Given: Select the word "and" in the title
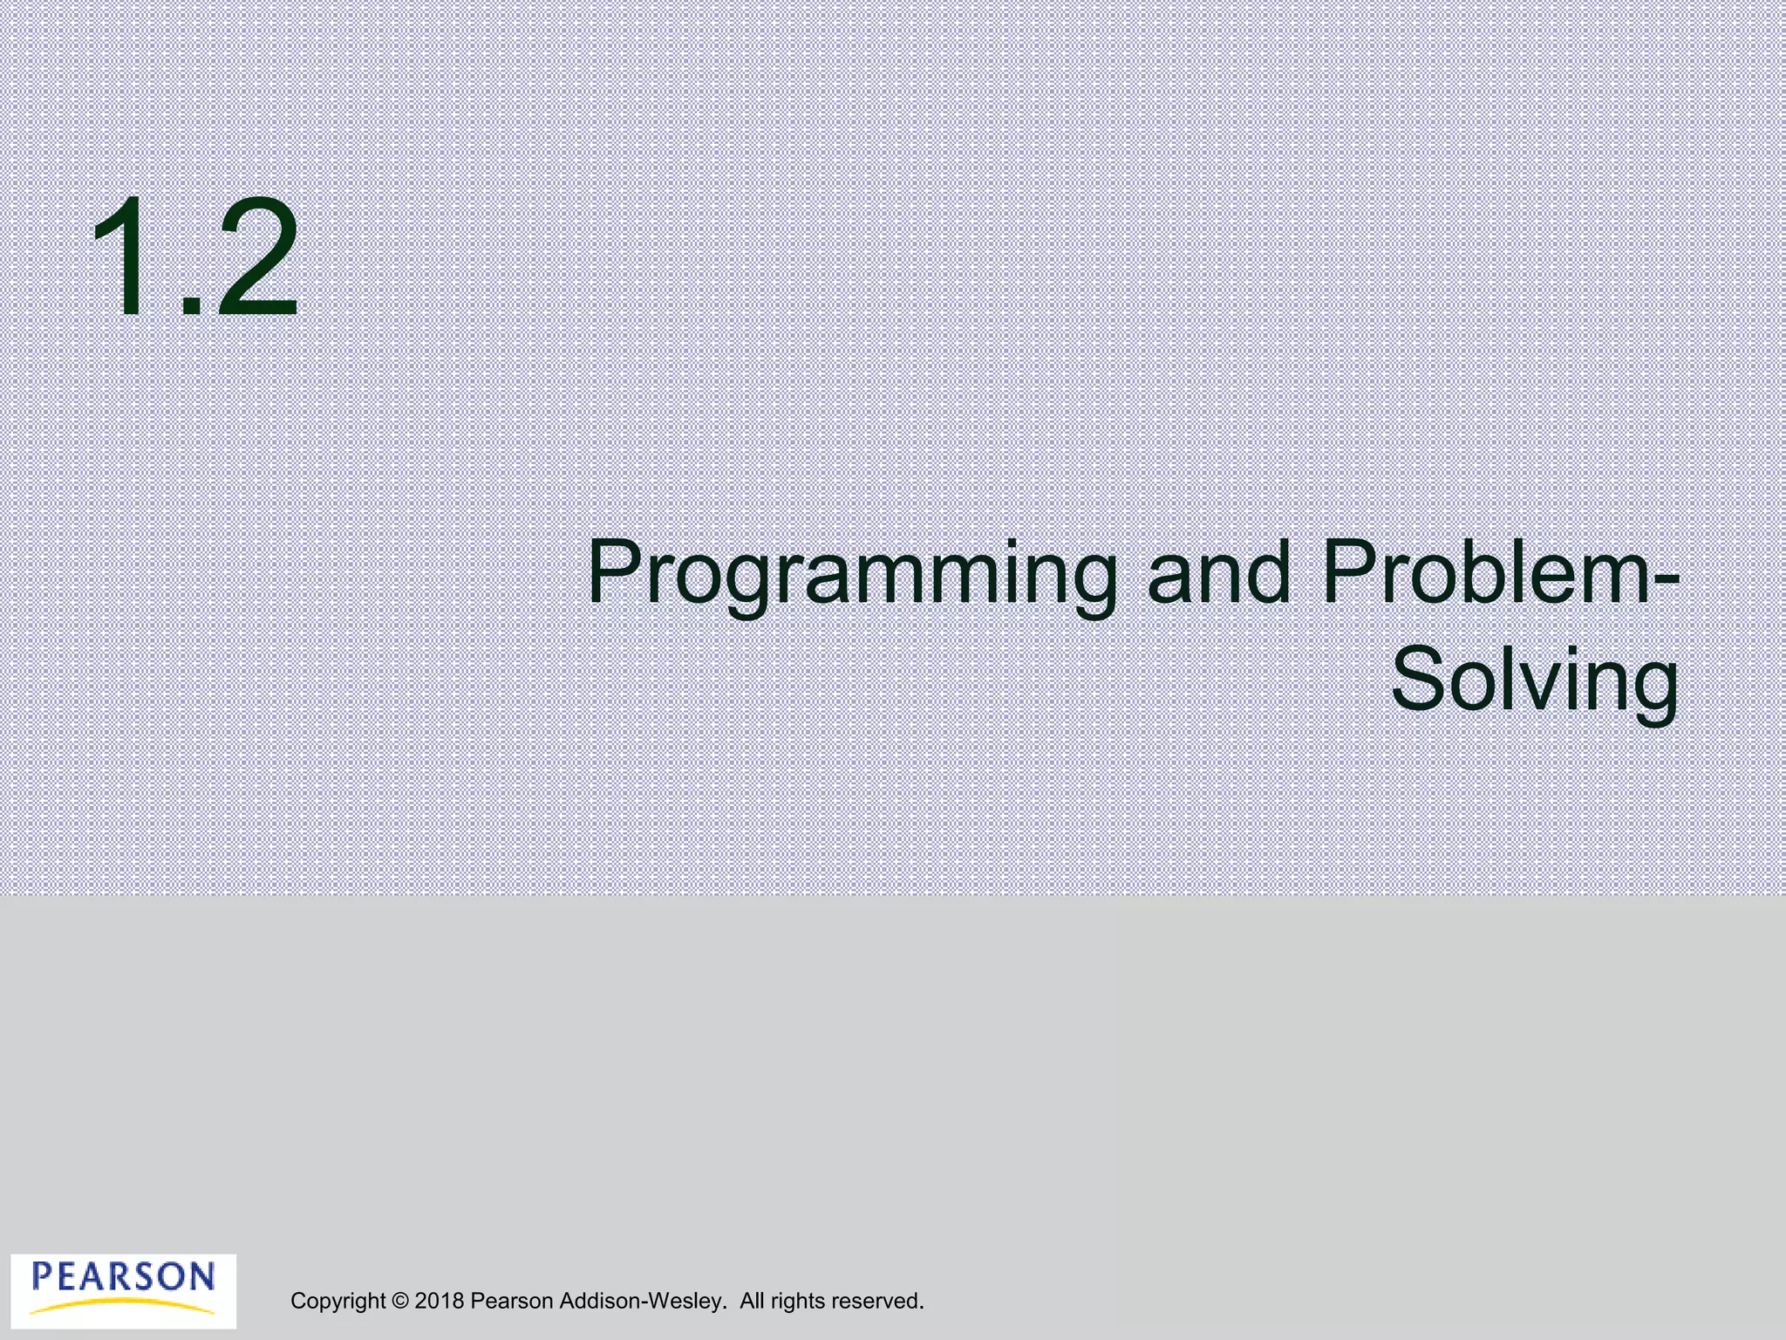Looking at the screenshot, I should (x=1218, y=572).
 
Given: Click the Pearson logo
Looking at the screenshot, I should (x=123, y=1290).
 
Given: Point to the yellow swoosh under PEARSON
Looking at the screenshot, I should (x=123, y=1305).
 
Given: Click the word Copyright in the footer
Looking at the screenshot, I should (x=338, y=1302).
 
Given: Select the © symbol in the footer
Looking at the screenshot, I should (x=400, y=1302).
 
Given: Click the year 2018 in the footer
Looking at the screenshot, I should (x=439, y=1302).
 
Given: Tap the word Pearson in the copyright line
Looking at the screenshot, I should (x=512, y=1302).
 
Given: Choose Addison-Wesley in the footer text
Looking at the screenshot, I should (x=641, y=1302).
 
